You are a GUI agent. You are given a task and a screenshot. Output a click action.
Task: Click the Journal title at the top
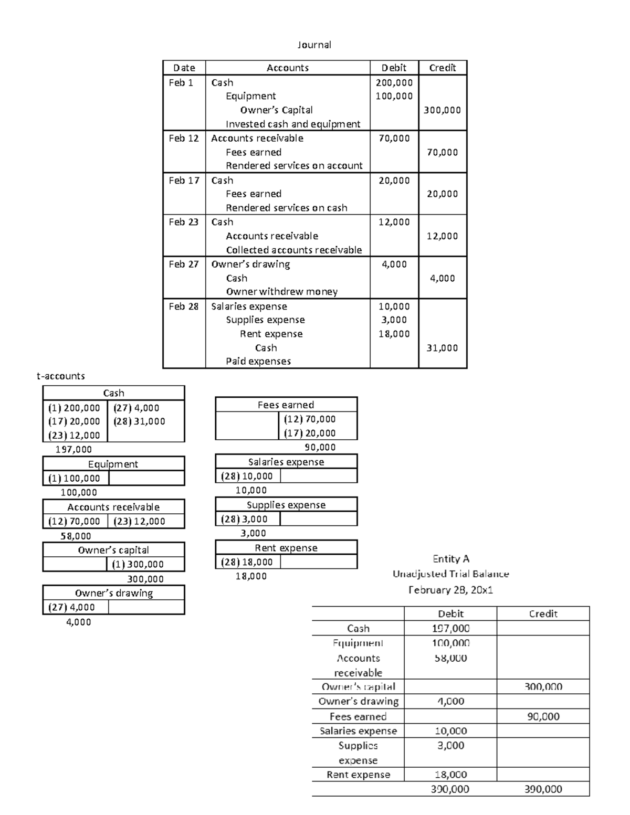pyautogui.click(x=314, y=45)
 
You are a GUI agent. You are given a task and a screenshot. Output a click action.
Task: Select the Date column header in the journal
pyautogui.click(x=184, y=68)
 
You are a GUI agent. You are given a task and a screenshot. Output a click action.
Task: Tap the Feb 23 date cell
pyautogui.click(x=183, y=222)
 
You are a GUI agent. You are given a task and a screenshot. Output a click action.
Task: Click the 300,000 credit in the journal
pyautogui.click(x=442, y=110)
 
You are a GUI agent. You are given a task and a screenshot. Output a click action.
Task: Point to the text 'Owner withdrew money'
pyautogui.click(x=281, y=292)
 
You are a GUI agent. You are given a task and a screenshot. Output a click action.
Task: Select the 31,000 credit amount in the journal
pyautogui.click(x=442, y=348)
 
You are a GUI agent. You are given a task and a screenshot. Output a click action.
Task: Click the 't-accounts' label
pyautogui.click(x=60, y=376)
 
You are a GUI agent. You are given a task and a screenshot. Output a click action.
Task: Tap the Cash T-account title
pyautogui.click(x=113, y=393)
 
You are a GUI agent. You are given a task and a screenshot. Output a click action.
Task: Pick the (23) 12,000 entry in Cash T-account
pyautogui.click(x=74, y=435)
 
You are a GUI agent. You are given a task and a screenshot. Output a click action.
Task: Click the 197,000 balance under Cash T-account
pyautogui.click(x=73, y=449)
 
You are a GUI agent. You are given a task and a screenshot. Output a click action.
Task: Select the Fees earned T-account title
pyautogui.click(x=286, y=405)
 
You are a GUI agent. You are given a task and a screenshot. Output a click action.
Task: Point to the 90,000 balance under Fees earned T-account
pyautogui.click(x=320, y=447)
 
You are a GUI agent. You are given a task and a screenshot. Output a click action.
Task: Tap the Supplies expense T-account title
pyautogui.click(x=286, y=505)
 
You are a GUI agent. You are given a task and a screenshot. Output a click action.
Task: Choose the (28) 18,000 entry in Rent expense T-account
pyautogui.click(x=246, y=562)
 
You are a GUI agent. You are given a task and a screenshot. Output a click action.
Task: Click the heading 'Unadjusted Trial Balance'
pyautogui.click(x=450, y=574)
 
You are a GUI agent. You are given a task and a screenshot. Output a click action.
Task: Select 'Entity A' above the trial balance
pyautogui.click(x=450, y=559)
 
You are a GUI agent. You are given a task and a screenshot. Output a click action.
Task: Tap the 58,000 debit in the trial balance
pyautogui.click(x=450, y=658)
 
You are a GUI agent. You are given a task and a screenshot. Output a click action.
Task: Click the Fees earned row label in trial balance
pyautogui.click(x=358, y=716)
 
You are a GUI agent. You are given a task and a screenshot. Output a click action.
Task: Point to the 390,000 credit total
pyautogui.click(x=543, y=789)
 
